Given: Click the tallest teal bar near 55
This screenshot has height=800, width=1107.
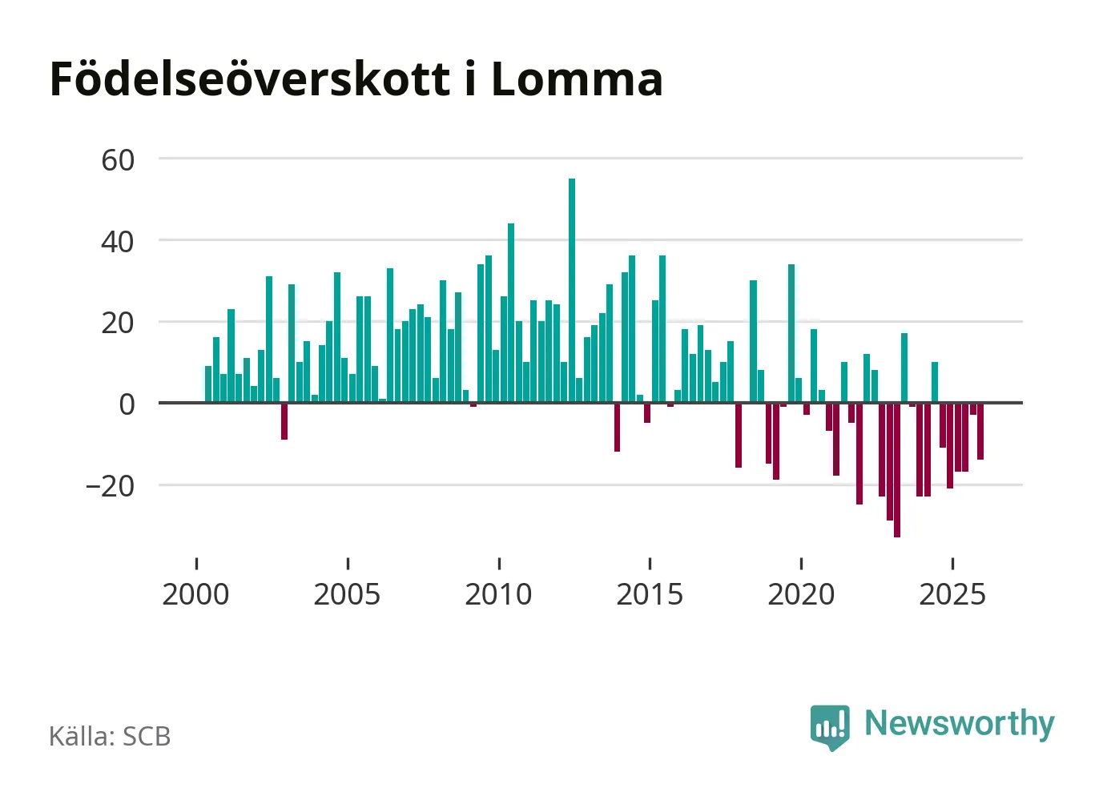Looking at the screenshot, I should [x=572, y=290].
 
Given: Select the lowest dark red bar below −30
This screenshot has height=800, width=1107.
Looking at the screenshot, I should [x=897, y=469].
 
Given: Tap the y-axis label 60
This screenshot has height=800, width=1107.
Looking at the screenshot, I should [x=118, y=160].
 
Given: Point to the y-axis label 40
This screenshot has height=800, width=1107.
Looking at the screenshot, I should [x=118, y=242].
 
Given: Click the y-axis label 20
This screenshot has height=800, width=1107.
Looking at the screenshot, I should [x=118, y=324].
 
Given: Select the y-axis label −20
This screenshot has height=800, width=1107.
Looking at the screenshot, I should [x=111, y=486].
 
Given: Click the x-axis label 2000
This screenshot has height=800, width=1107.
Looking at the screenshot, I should [x=195, y=595].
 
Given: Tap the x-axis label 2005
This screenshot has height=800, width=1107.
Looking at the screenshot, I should [x=347, y=595].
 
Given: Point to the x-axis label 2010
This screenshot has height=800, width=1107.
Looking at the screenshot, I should [x=498, y=595].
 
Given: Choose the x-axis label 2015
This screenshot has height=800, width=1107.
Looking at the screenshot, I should [x=650, y=595].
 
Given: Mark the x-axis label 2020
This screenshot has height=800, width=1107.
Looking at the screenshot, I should [x=801, y=595].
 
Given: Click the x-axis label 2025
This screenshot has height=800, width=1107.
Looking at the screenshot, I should [x=952, y=595].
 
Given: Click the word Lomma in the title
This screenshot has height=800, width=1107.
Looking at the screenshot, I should [x=577, y=79].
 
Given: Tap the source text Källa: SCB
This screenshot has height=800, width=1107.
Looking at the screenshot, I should [x=110, y=736].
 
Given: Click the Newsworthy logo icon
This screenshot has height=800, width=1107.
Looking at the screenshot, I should [x=830, y=726].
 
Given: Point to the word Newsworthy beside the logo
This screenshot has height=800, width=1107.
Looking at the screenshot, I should [x=960, y=723].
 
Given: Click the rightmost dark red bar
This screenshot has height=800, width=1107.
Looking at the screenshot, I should [x=980, y=431].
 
